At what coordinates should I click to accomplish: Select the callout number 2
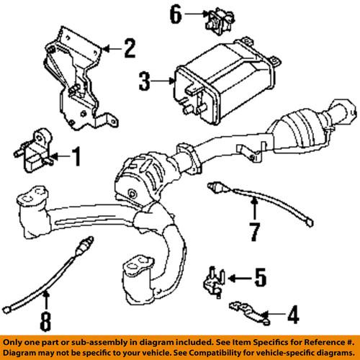tap(128, 50)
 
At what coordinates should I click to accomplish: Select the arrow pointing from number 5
tap(240, 276)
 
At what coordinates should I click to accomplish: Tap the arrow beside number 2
tap(109, 50)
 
